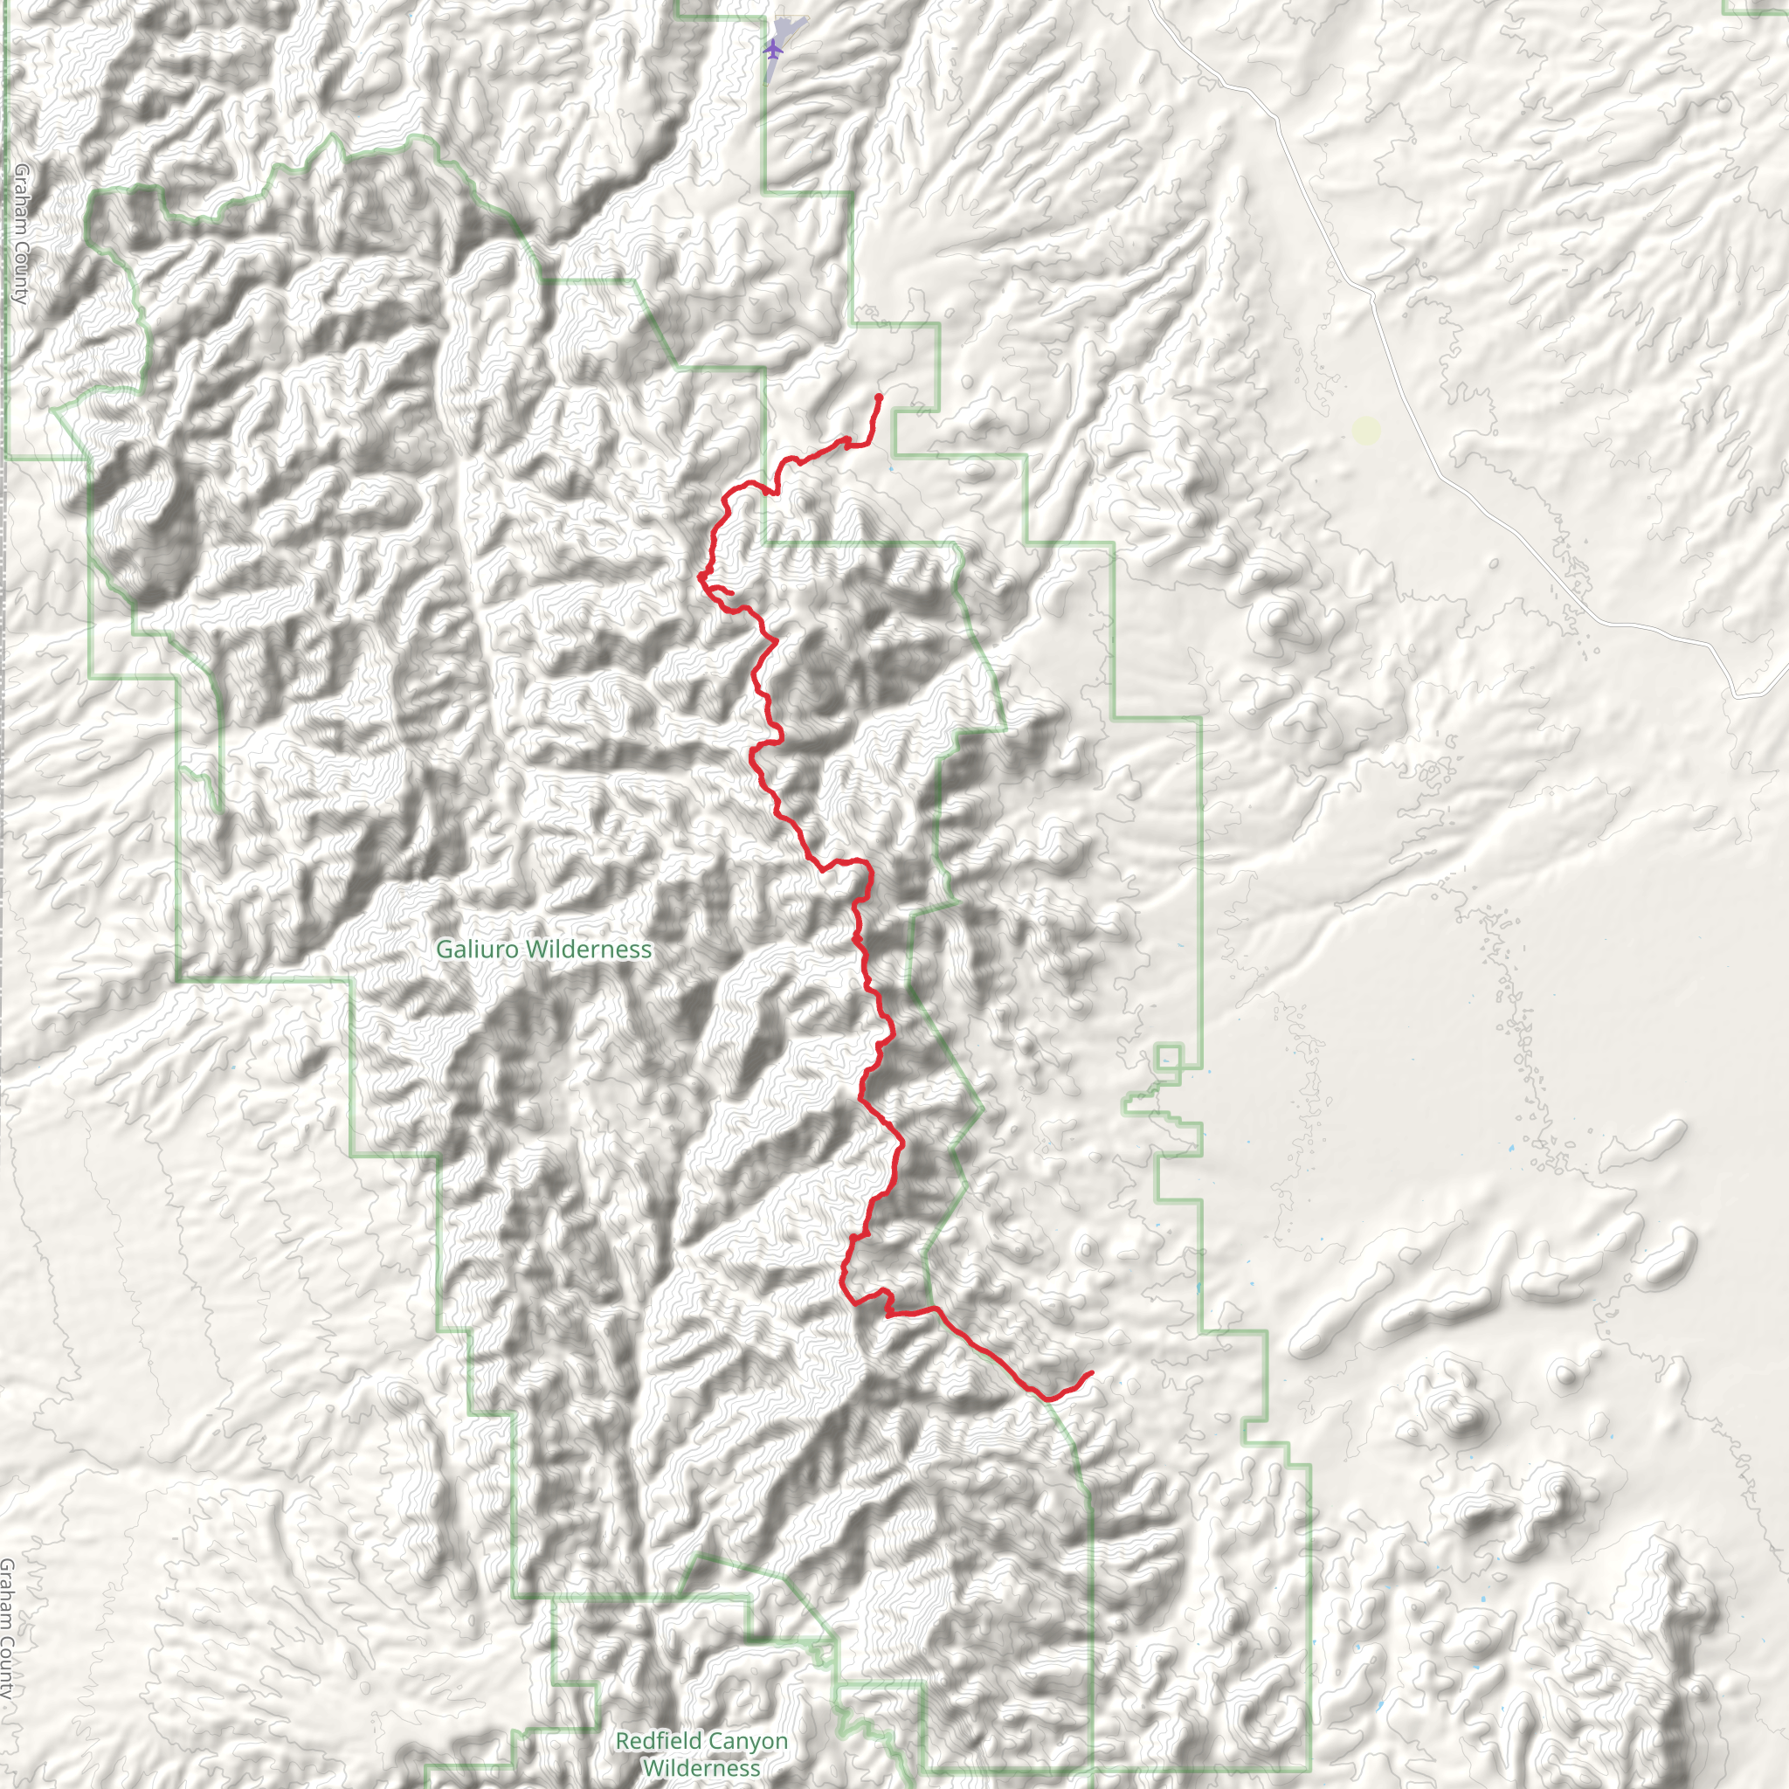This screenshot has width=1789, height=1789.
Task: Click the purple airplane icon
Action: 773,48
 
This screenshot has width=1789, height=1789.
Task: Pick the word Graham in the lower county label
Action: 7,1595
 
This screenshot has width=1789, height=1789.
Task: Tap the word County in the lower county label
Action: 7,1667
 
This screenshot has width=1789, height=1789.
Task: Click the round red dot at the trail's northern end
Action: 878,397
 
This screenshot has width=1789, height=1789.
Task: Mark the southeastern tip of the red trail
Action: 1092,1373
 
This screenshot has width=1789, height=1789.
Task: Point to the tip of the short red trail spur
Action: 731,592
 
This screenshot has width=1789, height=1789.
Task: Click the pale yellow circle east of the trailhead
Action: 1367,430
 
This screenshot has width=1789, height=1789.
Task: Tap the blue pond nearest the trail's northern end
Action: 891,469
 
